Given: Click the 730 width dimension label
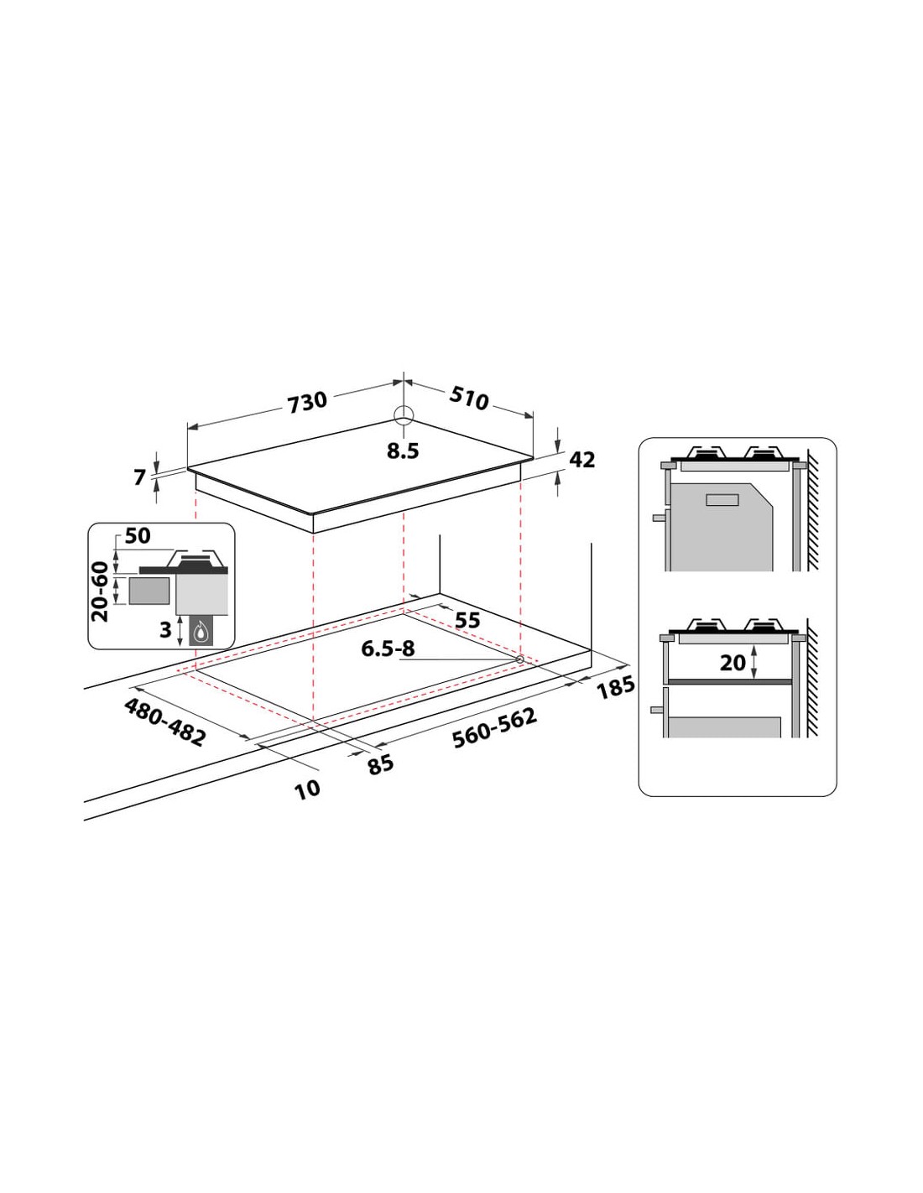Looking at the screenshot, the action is (307, 402).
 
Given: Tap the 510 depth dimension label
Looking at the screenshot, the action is (468, 398).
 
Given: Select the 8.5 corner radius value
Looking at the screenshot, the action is (403, 451).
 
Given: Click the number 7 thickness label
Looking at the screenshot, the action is (140, 477).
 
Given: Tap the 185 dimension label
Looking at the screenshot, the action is (616, 687).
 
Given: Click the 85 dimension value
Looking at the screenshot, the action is (381, 763).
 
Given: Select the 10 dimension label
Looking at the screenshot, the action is (307, 789).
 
